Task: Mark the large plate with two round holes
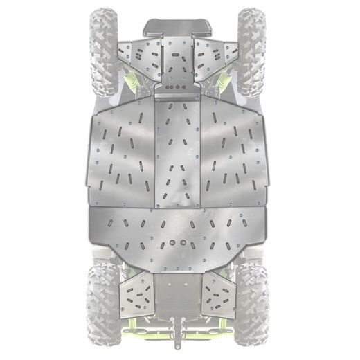pos(178,228)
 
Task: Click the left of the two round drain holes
pos(170,244)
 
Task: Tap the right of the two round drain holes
pos(186,244)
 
